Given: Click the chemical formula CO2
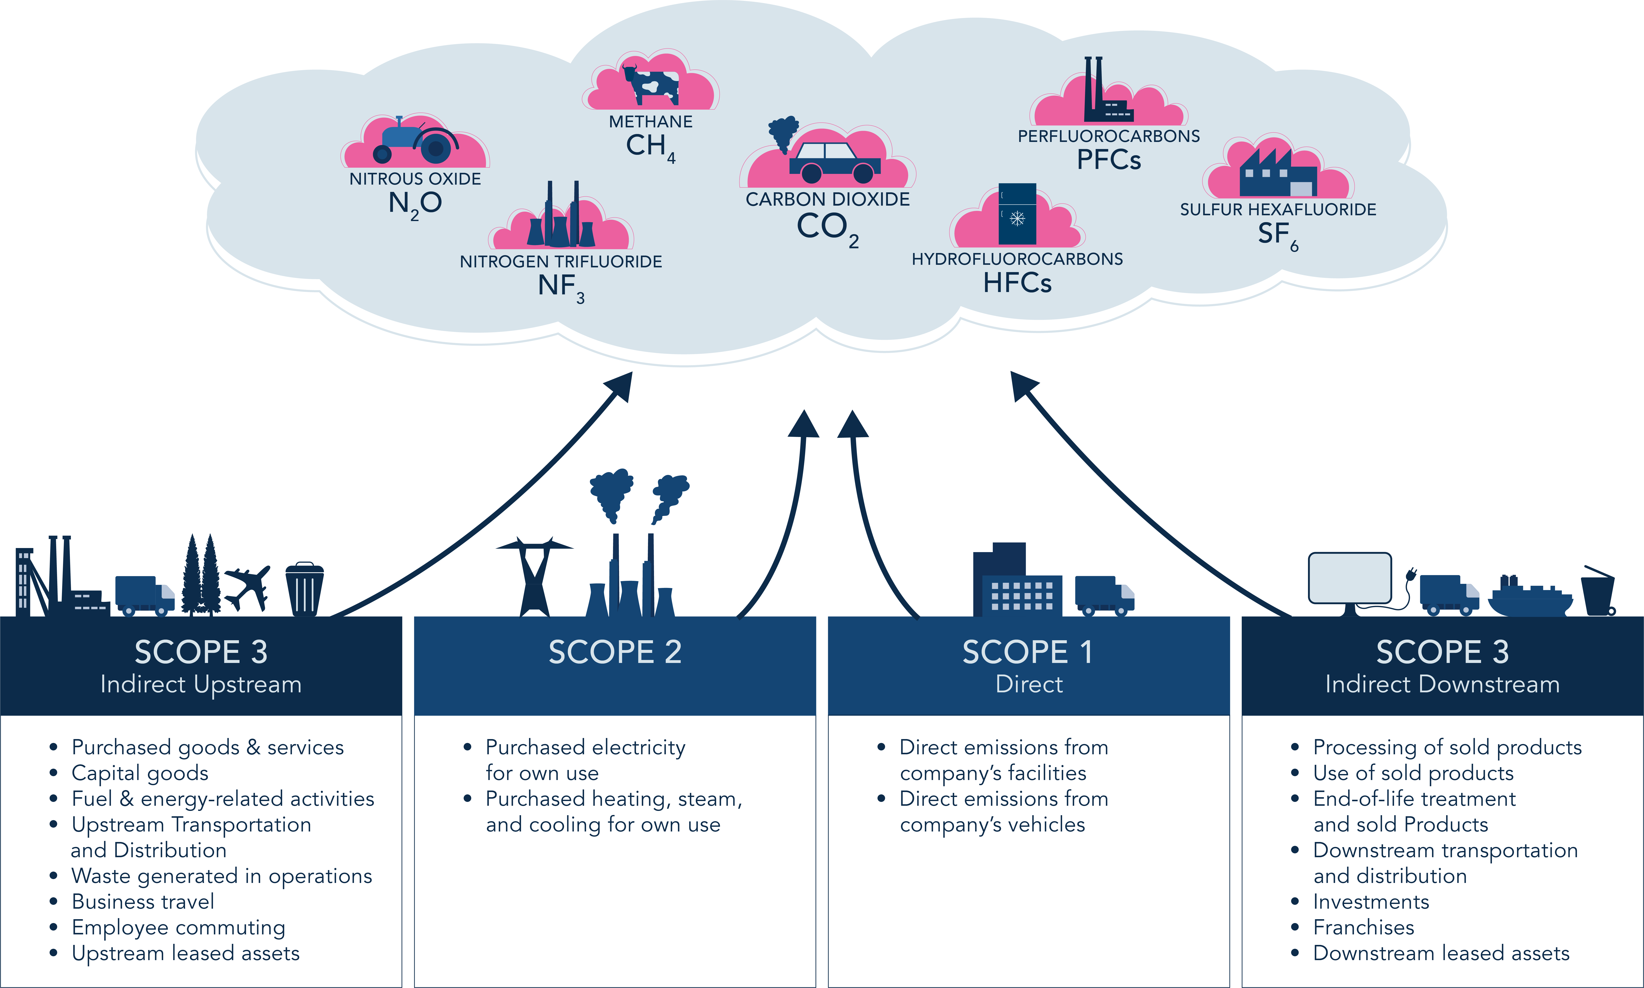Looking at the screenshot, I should (827, 228).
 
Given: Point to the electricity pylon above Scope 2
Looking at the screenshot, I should (534, 576).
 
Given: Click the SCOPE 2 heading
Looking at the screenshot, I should (615, 652).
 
